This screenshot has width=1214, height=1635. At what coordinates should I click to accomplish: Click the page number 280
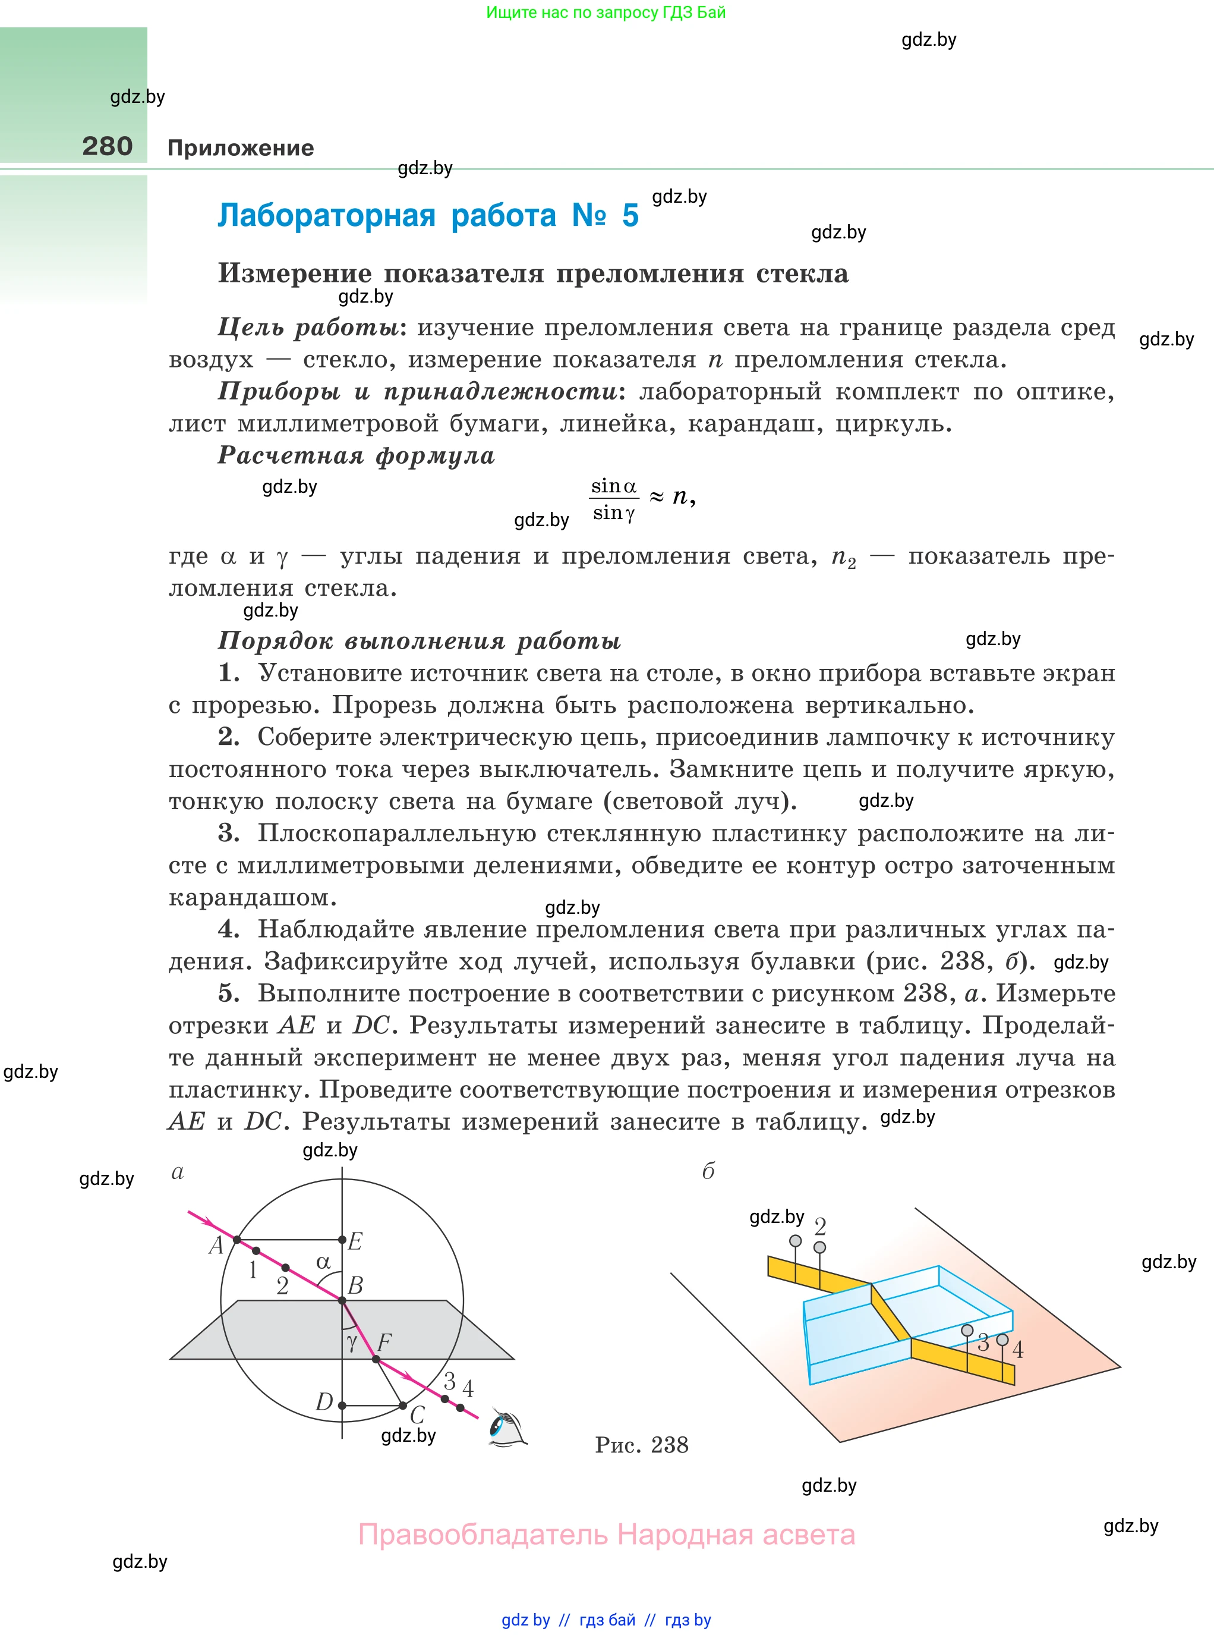pos(108,146)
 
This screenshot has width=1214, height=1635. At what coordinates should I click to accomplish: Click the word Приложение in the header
pos(240,148)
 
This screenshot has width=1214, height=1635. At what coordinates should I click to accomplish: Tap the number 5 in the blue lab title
pos(630,215)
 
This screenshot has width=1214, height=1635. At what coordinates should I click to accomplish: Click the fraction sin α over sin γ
pos(614,499)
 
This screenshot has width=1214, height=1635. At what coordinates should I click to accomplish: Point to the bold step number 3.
pos(228,833)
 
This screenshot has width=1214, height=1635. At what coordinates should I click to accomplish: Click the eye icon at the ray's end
pos(507,1429)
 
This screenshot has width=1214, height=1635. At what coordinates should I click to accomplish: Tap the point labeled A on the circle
pos(237,1240)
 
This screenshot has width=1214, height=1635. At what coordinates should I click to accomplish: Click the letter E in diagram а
pos(355,1241)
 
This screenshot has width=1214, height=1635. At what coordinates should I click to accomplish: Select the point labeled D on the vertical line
pos(342,1405)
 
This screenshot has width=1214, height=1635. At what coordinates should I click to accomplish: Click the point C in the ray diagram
pos(403,1406)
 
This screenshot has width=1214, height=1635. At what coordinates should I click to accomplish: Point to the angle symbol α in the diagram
pos(323,1262)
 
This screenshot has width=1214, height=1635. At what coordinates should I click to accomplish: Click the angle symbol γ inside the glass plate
pos(352,1342)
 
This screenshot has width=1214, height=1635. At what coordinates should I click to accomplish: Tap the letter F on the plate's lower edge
pos(384,1343)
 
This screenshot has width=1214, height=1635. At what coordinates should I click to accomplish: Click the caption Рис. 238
pos(642,1445)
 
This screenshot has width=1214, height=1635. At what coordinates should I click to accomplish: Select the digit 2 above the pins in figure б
pos(820,1226)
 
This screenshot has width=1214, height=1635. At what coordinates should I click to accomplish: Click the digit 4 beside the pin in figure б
pos(1018,1350)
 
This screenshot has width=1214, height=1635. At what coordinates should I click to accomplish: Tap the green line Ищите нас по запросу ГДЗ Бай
pos(606,12)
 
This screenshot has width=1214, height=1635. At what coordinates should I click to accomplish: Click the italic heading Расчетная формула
pos(357,456)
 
